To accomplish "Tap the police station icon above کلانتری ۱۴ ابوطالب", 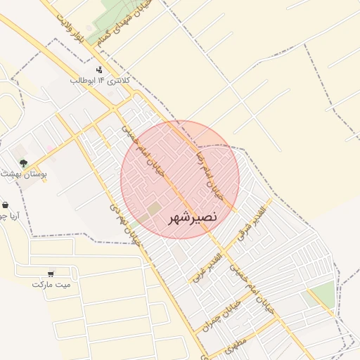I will tap(99, 70).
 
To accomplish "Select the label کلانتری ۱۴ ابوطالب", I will tap(100, 81).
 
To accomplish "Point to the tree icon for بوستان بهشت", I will tap(24, 162).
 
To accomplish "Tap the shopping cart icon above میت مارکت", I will tap(51, 274).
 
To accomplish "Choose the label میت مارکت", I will tap(51, 284).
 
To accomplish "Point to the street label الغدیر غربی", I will tap(208, 264).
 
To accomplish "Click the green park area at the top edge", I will tap(112, 10).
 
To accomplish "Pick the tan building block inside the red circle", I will tap(153, 209).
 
